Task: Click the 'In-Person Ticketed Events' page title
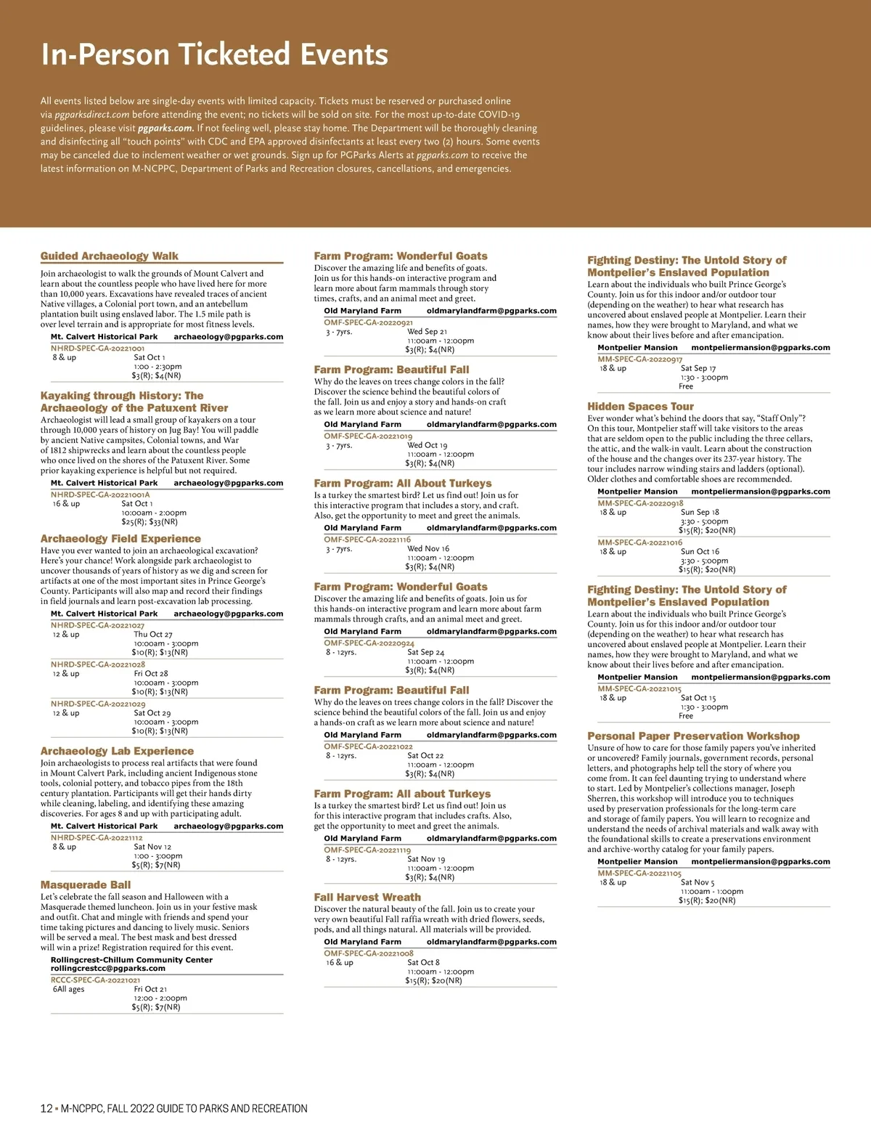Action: [215, 55]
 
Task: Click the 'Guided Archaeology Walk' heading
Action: [110, 256]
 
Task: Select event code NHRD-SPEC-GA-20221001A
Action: [100, 495]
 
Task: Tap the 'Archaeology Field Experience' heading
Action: [120, 539]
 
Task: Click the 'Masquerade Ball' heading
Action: [86, 885]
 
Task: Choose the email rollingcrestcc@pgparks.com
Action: [108, 968]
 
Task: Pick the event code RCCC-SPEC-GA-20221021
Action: [95, 980]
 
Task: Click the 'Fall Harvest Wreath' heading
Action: [367, 898]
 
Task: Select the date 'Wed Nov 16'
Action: [428, 549]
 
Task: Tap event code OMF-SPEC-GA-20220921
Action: [368, 322]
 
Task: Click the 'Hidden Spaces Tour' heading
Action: [640, 407]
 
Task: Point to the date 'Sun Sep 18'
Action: [700, 512]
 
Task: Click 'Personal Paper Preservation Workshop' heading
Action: [693, 736]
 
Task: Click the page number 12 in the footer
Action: [46, 1109]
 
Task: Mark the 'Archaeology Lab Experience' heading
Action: [117, 752]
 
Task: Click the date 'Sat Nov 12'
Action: [152, 847]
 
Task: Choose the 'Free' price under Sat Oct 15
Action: [686, 716]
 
